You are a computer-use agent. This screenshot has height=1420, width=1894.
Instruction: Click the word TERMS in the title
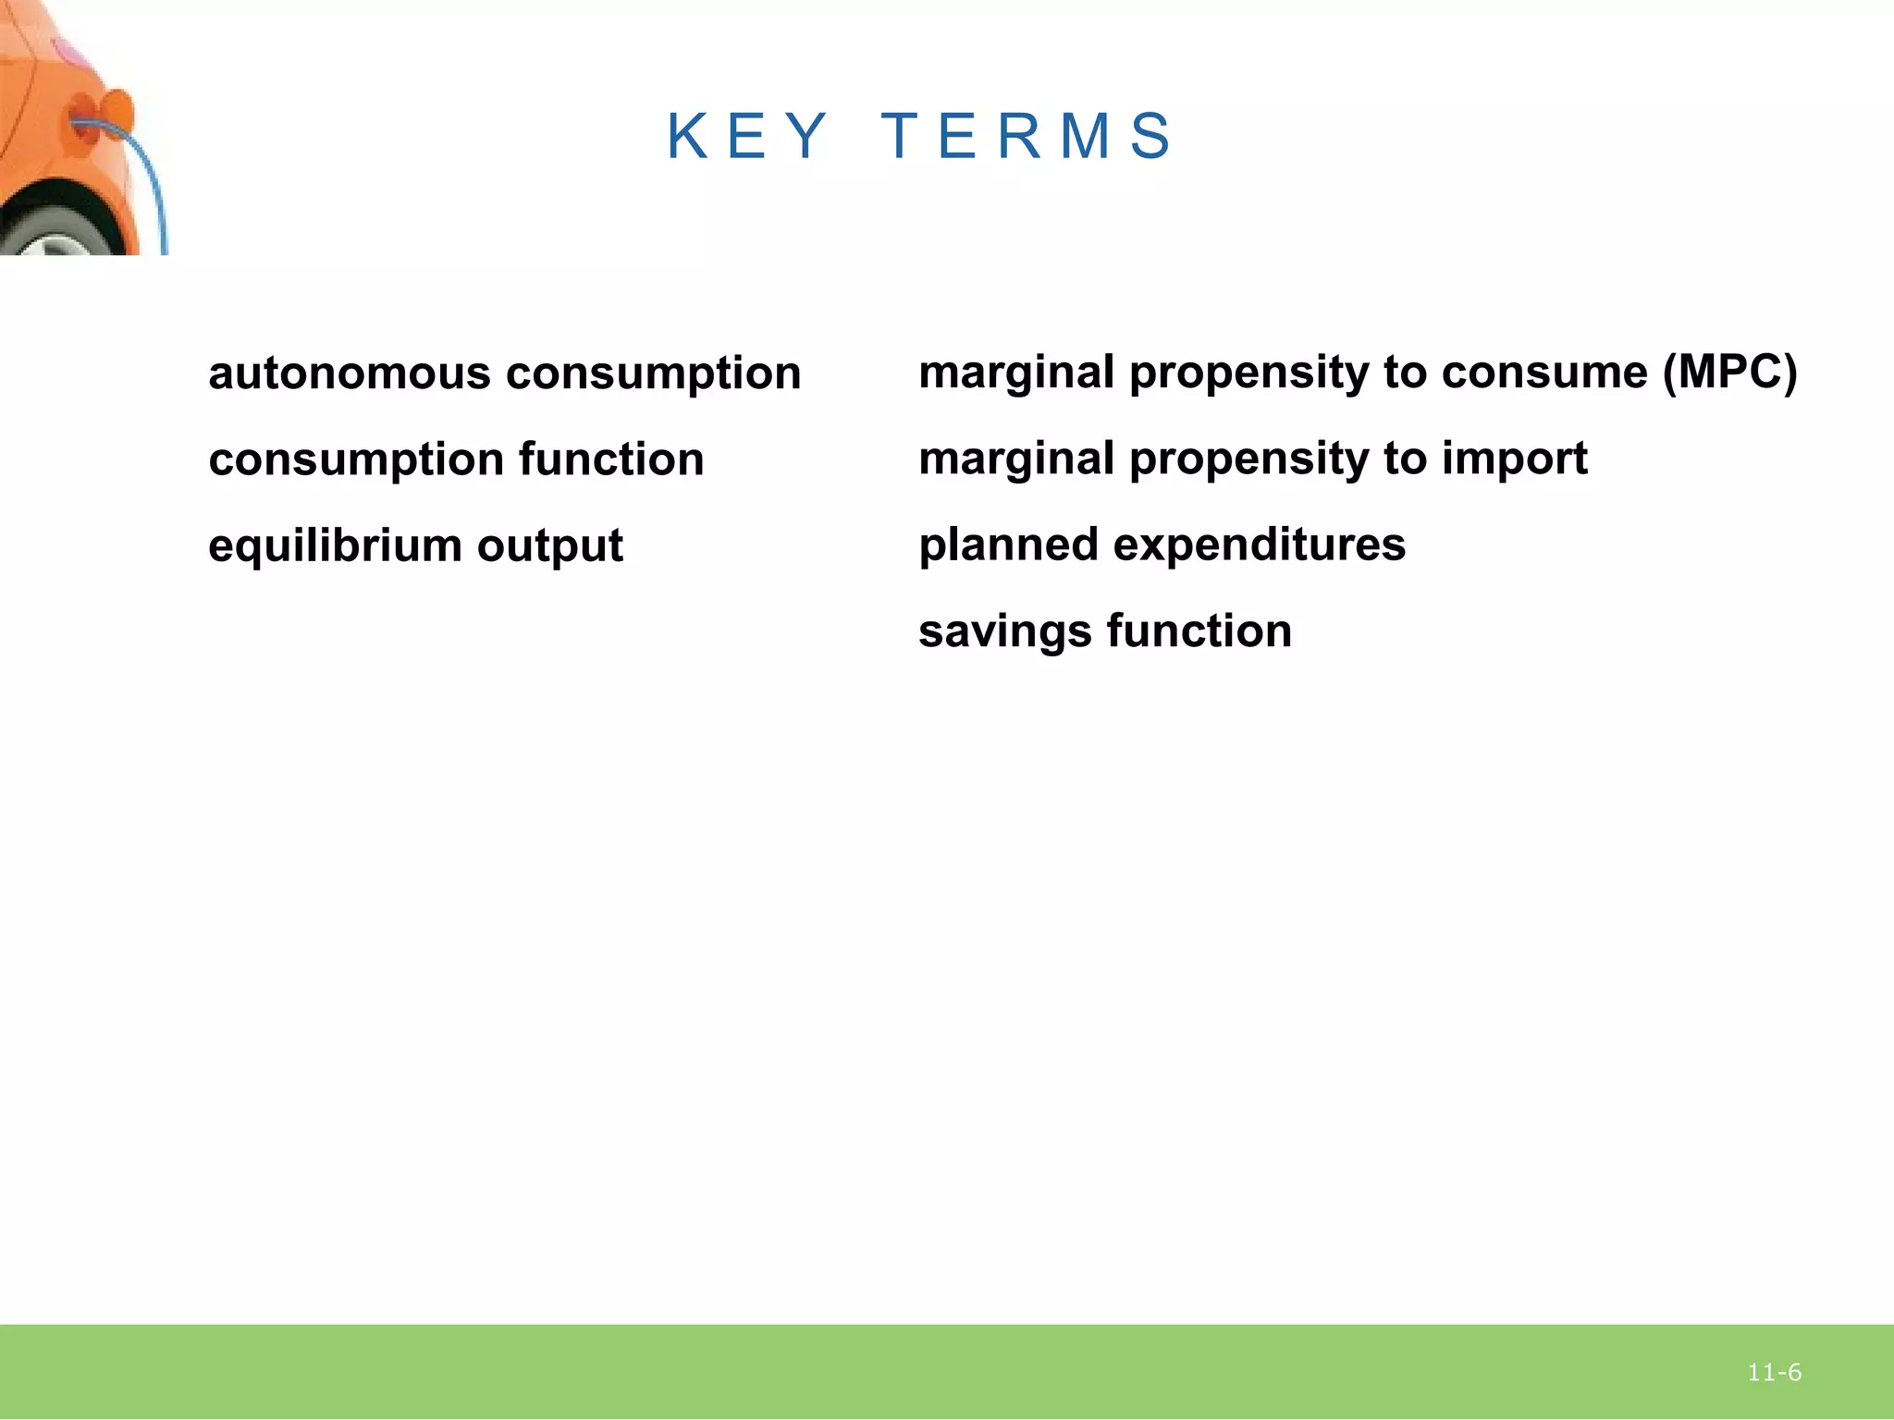click(1027, 136)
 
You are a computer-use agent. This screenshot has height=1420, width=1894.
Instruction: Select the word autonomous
click(349, 373)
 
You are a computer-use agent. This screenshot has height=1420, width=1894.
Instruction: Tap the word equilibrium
click(334, 545)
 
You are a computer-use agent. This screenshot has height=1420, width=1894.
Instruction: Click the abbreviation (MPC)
click(1728, 372)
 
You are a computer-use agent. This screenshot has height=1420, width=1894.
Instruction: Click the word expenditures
click(1259, 545)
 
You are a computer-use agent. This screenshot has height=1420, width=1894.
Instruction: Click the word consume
click(1543, 372)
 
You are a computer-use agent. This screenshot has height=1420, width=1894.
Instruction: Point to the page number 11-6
click(1774, 1373)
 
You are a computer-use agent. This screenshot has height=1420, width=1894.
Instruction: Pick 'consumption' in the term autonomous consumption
click(653, 373)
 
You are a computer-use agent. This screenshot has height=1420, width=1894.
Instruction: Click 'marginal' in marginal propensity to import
click(1015, 459)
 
